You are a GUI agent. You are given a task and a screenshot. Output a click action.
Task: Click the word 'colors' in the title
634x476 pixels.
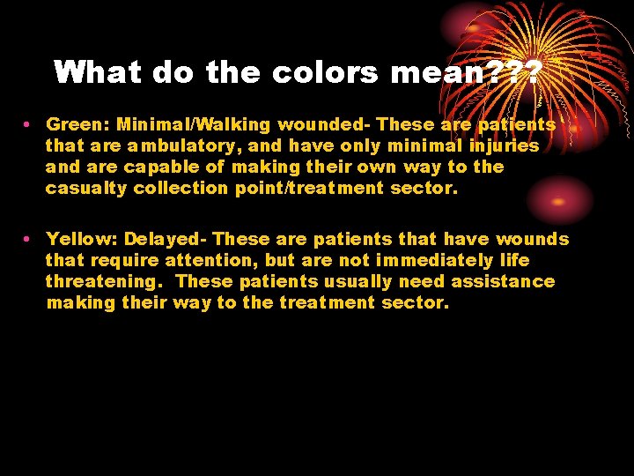[x=326, y=72]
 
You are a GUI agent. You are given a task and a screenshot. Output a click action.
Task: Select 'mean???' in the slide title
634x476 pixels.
[x=466, y=72]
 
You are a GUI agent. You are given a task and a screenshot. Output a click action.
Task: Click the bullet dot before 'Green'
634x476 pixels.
[x=29, y=125]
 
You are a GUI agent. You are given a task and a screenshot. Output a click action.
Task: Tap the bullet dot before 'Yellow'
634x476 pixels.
[x=29, y=240]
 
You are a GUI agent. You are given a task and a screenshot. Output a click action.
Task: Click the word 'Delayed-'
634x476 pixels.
[x=166, y=240]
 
